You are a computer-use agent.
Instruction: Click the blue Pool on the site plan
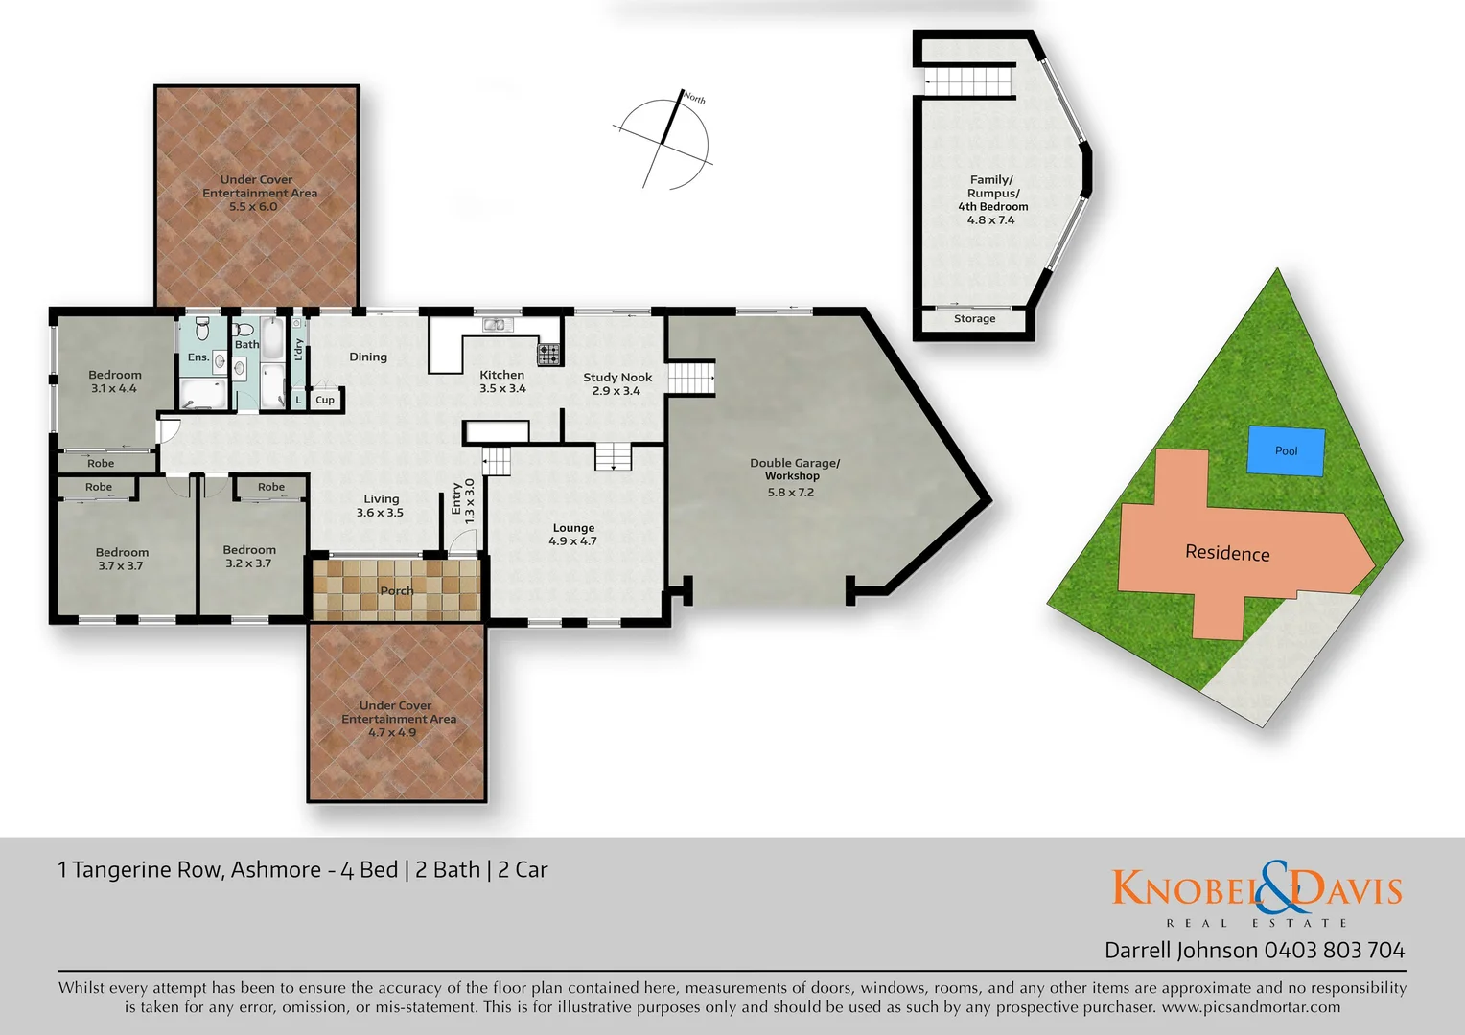click(1286, 450)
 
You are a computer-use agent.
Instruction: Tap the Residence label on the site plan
click(1227, 553)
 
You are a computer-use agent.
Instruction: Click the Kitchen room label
click(502, 375)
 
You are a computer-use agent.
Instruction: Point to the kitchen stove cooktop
click(548, 354)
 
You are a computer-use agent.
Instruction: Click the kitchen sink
click(496, 325)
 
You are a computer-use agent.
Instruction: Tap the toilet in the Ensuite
click(201, 330)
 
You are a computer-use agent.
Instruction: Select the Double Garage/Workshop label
click(794, 469)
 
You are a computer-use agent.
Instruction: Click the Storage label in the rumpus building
click(974, 319)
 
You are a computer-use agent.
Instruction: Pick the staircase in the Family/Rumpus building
click(969, 80)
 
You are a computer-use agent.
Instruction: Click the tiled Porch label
click(397, 590)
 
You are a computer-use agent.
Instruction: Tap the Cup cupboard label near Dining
click(325, 400)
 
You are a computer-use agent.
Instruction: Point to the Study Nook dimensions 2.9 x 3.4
click(616, 391)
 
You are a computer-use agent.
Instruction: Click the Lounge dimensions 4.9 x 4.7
click(573, 541)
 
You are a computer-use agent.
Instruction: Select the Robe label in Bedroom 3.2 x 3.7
click(271, 487)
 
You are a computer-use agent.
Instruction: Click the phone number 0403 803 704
click(1335, 951)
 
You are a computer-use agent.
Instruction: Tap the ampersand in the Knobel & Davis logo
click(1276, 886)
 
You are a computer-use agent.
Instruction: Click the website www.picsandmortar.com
click(1251, 1007)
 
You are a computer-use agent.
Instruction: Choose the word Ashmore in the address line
click(276, 870)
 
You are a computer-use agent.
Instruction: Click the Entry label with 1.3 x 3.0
click(462, 500)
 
